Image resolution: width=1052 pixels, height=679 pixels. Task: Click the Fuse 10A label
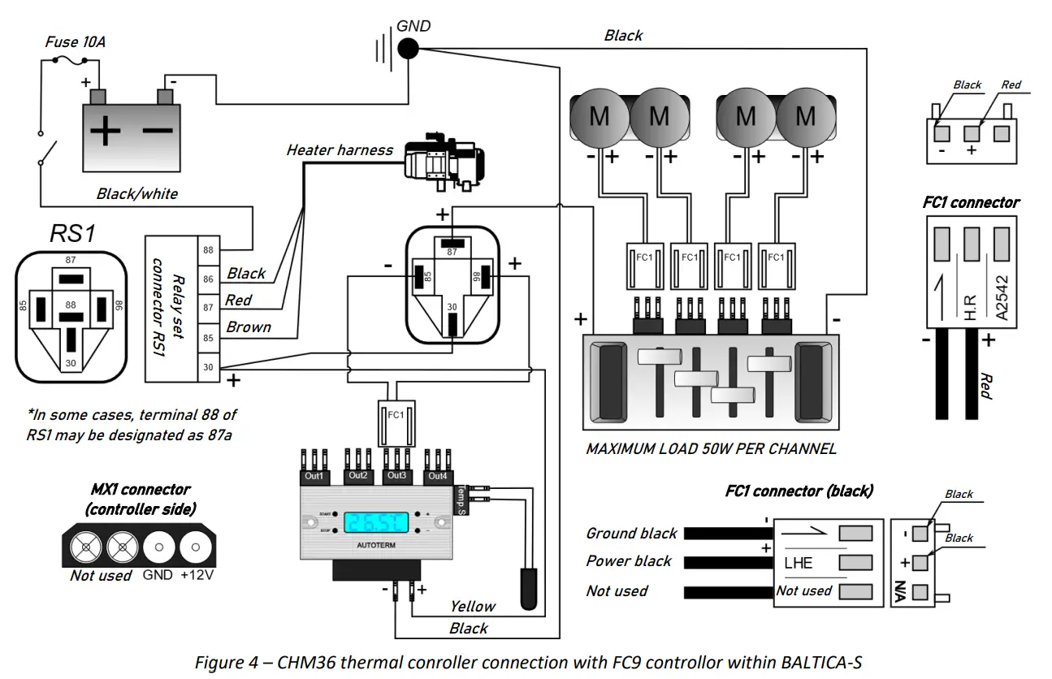pyautogui.click(x=75, y=42)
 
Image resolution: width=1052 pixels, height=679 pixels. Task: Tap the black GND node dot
pyautogui.click(x=409, y=49)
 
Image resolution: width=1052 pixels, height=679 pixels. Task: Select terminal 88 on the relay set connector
pyautogui.click(x=209, y=249)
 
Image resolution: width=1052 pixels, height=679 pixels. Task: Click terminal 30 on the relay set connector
pyautogui.click(x=209, y=367)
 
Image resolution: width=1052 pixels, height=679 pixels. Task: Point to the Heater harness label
pyautogui.click(x=339, y=150)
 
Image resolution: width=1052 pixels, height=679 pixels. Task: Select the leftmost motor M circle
pyautogui.click(x=600, y=117)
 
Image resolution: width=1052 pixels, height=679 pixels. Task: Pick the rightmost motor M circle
pyautogui.click(x=805, y=117)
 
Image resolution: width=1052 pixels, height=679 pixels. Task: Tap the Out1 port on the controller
pyautogui.click(x=314, y=475)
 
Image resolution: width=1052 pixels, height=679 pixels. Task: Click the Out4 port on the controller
pyautogui.click(x=437, y=475)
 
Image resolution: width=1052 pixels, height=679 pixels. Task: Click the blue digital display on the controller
pyautogui.click(x=377, y=523)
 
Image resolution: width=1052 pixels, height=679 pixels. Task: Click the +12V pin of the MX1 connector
pyautogui.click(x=195, y=548)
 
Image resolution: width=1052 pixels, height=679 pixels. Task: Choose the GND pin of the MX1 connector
pyautogui.click(x=158, y=548)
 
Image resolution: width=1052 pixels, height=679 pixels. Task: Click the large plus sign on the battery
pyautogui.click(x=105, y=131)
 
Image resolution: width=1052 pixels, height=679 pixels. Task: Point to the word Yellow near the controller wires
pyautogui.click(x=472, y=606)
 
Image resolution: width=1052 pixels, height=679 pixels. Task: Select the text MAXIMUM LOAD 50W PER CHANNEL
pyautogui.click(x=711, y=448)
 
